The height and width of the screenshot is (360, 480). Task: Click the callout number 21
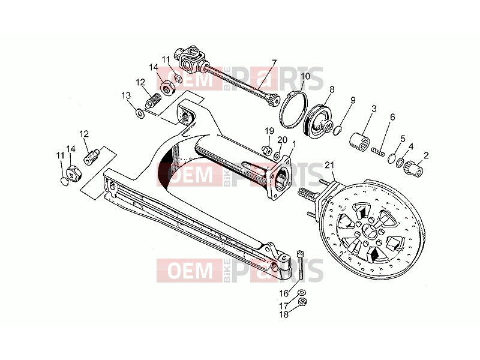click(329, 166)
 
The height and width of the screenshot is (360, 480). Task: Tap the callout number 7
click(274, 63)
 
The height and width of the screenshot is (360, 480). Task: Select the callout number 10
click(305, 76)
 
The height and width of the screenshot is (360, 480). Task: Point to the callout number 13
click(126, 95)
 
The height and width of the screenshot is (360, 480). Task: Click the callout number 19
click(269, 131)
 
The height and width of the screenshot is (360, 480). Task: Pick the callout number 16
click(284, 293)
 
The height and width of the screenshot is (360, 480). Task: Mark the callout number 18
click(284, 314)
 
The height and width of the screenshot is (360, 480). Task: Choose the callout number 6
click(392, 117)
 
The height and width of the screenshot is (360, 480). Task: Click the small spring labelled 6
click(377, 151)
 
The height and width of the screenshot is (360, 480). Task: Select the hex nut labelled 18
click(303, 302)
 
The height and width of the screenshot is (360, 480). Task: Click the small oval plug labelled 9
click(337, 130)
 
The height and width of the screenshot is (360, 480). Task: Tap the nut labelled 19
click(266, 149)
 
